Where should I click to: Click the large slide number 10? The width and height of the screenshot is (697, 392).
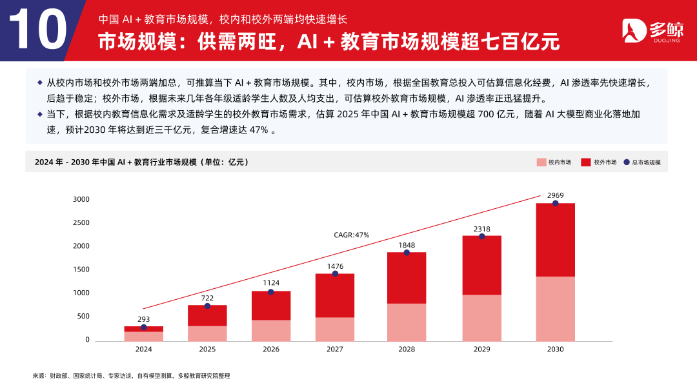click(39, 30)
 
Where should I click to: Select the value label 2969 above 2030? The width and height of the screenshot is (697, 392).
click(555, 195)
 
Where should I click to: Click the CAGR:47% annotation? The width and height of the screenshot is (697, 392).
click(351, 235)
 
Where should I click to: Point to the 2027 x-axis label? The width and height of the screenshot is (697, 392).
click(334, 349)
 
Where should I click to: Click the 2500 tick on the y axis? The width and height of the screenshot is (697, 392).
click(81, 222)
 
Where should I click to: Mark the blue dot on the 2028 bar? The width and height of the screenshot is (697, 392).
click(407, 252)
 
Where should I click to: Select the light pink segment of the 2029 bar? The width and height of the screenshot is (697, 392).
click(481, 318)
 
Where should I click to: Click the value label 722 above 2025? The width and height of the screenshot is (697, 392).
click(207, 297)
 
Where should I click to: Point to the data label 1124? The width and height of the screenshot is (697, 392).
click(270, 283)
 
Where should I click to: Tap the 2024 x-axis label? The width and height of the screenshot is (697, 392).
click(143, 349)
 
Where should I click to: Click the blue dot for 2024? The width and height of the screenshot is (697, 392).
click(143, 328)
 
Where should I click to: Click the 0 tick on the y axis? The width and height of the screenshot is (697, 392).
click(87, 340)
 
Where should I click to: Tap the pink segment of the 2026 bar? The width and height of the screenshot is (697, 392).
click(270, 330)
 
